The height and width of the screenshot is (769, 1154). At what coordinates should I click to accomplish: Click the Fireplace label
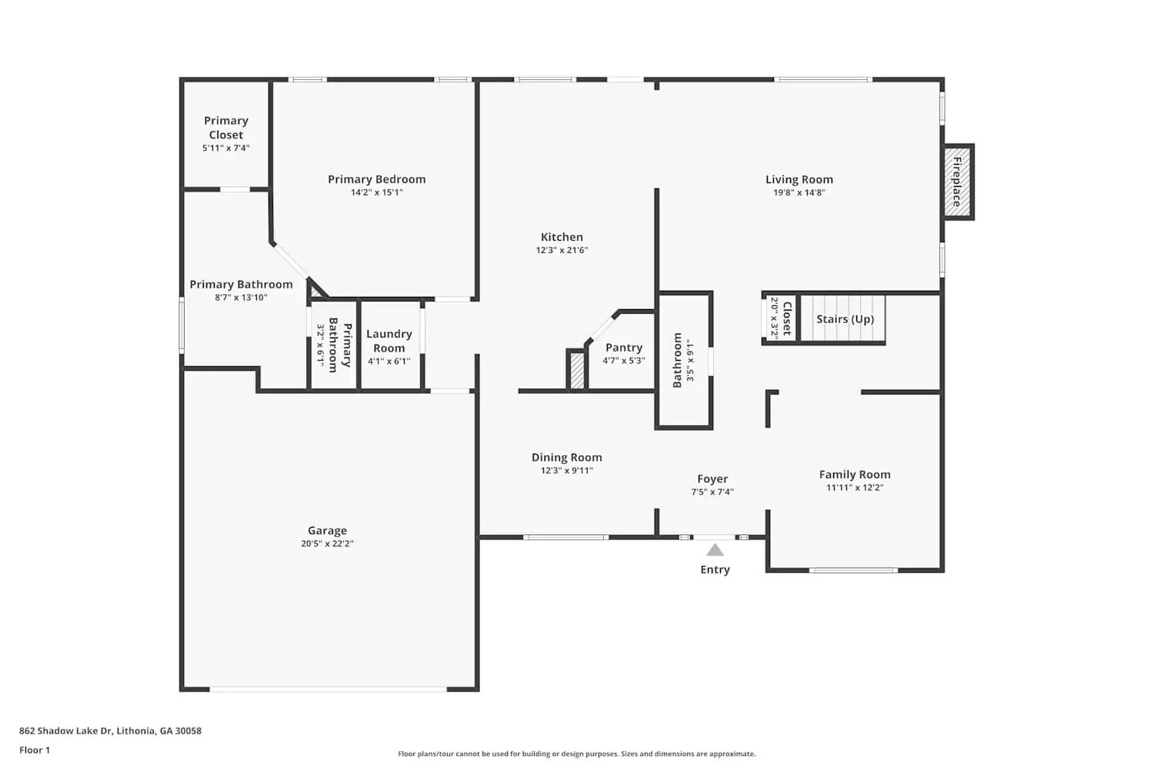(957, 181)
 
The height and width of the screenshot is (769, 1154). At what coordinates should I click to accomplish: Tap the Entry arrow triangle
(715, 550)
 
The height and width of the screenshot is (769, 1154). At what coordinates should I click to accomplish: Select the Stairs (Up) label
(845, 319)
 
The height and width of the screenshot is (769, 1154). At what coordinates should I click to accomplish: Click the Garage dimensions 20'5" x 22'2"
(327, 544)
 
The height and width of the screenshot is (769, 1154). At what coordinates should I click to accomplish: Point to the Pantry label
(623, 348)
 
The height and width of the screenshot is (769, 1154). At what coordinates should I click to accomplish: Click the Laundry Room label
(389, 341)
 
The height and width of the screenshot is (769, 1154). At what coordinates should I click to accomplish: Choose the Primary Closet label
(225, 128)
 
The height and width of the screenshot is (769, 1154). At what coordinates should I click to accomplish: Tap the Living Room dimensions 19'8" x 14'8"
(799, 193)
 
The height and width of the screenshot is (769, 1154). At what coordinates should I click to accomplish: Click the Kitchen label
(562, 237)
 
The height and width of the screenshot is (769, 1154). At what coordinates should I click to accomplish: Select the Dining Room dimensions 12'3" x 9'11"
(566, 471)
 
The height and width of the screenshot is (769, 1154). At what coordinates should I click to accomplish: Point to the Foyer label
(712, 479)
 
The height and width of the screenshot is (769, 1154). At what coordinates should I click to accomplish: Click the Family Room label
(854, 474)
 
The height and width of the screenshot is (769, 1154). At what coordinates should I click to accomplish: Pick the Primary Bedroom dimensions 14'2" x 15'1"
(376, 192)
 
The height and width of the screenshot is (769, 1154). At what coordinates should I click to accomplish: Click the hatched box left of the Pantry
(576, 371)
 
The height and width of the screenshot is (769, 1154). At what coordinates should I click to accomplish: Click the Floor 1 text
(35, 750)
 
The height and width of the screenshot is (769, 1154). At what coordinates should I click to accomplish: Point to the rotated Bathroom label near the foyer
(677, 360)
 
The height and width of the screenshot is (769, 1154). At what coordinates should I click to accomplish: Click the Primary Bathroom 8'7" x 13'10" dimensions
(241, 298)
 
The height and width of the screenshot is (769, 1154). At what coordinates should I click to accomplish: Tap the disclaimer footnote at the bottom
(576, 754)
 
